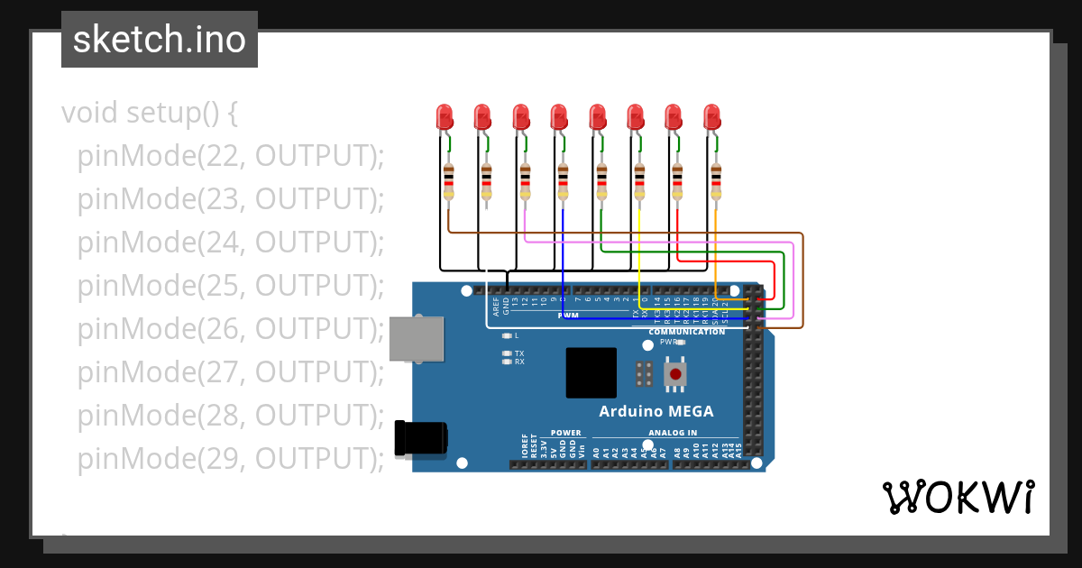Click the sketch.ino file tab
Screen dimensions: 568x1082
160,40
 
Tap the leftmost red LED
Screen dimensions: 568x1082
445,116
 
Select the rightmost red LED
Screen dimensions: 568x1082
712,116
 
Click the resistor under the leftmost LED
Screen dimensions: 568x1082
448,181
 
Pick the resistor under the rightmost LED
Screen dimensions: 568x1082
716,181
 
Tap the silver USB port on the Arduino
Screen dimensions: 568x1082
416,338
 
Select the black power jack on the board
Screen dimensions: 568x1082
421,438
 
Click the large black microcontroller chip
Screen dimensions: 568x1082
591,372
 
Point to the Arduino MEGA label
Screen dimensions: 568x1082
656,412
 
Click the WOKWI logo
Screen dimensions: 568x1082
958,497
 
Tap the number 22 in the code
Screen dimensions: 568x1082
224,157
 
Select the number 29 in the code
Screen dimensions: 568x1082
224,460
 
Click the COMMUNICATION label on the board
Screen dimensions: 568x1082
687,332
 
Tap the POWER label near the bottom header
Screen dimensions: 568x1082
566,433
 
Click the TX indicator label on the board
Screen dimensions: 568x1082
519,353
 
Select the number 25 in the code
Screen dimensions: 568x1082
224,287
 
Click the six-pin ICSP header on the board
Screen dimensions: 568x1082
644,372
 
